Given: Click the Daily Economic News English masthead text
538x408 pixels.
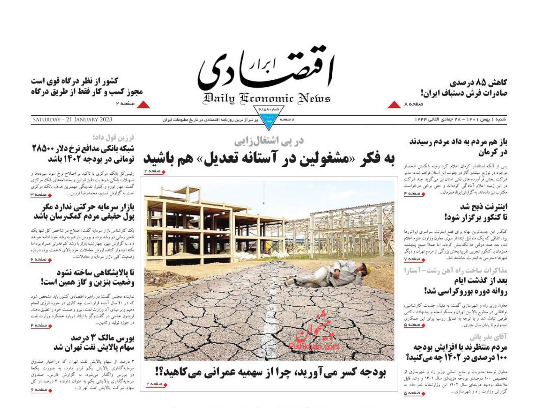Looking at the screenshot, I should pos(267,99).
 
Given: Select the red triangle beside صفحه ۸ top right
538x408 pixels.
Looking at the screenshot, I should pos(394,104).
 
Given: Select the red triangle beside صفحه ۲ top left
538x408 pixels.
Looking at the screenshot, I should pos(143,104).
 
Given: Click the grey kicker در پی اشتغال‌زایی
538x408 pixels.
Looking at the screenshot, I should pos(269,141).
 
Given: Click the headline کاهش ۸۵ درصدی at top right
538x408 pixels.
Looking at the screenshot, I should pos(478,82).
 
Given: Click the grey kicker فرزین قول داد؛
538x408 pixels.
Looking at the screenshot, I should pos(114,138).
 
